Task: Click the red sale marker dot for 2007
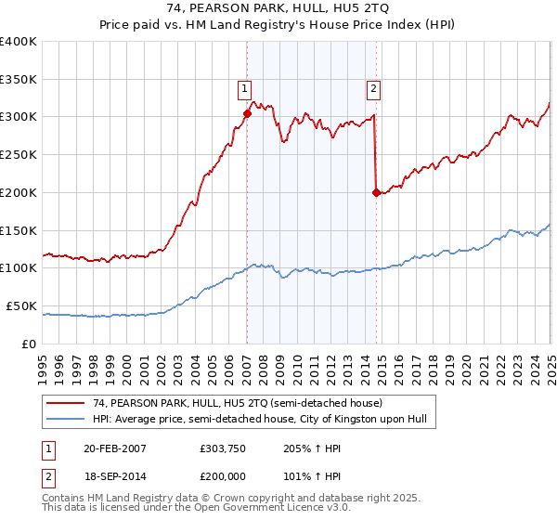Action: pyautogui.click(x=247, y=113)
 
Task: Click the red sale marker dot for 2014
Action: pyautogui.click(x=376, y=193)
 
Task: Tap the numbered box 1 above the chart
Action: pyautogui.click(x=243, y=89)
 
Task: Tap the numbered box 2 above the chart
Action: pyautogui.click(x=372, y=89)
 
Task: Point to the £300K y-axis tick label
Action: pyautogui.click(x=19, y=117)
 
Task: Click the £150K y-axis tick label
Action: pyautogui.click(x=19, y=230)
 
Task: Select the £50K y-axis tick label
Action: pyautogui.click(x=22, y=305)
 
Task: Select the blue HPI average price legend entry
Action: pyautogui.click(x=259, y=420)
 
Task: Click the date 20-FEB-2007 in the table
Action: pyautogui.click(x=114, y=448)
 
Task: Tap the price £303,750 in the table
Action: pyautogui.click(x=222, y=448)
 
